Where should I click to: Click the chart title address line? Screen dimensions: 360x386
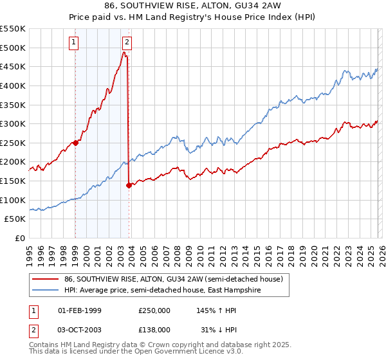coord(193,7)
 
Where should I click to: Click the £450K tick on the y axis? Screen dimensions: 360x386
coord(13,66)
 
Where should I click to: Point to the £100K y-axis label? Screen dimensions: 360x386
coord(13,200)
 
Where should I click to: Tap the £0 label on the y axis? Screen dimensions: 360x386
coord(19,238)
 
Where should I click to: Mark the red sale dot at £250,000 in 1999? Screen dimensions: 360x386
coord(75,143)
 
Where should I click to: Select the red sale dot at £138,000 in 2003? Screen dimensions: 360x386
coord(129,185)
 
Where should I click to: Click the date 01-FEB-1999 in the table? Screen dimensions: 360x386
coord(80,310)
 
